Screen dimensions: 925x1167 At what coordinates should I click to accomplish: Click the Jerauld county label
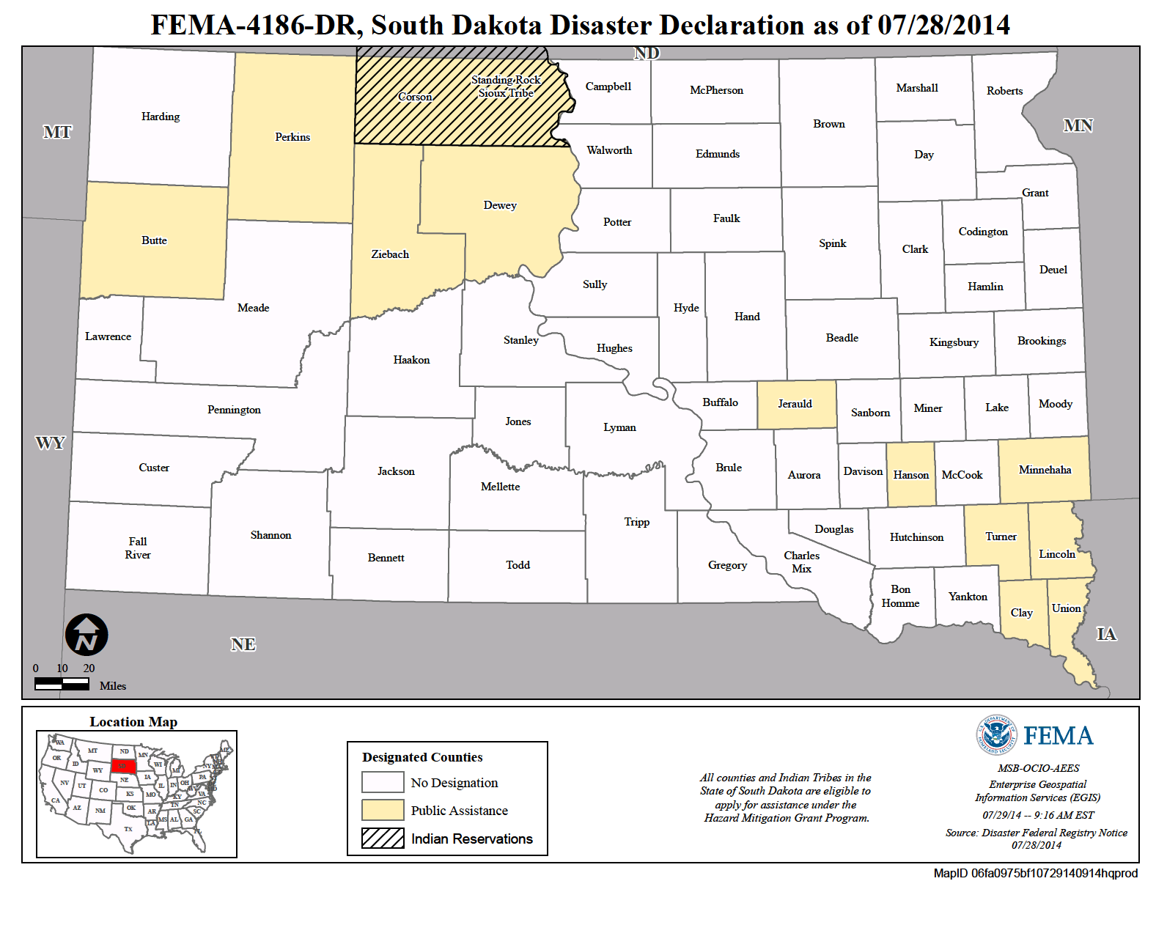795,404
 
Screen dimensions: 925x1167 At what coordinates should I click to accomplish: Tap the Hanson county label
910,475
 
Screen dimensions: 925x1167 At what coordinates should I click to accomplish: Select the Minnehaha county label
1045,470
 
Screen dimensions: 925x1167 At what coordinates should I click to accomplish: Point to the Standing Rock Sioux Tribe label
506,86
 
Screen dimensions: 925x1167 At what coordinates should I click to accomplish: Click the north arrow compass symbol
86,635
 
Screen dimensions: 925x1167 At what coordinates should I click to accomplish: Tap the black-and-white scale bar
62,683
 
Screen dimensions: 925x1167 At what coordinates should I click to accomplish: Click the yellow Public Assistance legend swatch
383,810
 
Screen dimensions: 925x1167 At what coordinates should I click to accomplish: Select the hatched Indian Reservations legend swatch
383,838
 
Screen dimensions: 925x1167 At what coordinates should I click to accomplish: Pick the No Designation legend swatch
383,782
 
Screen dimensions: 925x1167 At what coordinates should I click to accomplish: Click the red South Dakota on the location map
124,767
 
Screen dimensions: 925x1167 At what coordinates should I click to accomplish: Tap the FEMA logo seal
996,734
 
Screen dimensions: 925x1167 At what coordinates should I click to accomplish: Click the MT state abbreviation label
57,132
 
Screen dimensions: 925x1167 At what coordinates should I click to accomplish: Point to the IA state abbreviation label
1105,634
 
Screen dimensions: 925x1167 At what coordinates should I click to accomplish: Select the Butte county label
154,240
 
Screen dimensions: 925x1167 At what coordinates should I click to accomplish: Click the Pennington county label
234,410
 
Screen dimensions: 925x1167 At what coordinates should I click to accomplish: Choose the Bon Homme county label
900,596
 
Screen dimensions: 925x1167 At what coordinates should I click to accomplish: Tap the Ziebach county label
390,254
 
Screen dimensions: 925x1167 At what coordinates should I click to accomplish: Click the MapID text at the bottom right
1035,873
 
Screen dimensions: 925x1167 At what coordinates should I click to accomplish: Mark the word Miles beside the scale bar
113,686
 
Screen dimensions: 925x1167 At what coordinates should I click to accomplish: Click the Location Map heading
133,722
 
